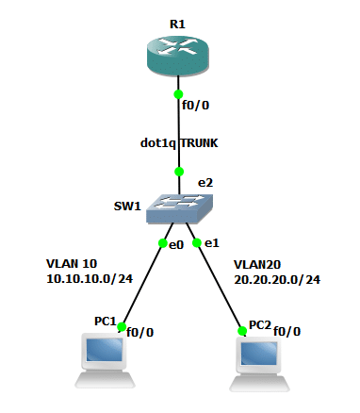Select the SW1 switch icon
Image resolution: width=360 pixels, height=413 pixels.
pyautogui.click(x=179, y=206)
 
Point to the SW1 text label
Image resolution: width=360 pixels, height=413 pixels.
pyautogui.click(x=126, y=205)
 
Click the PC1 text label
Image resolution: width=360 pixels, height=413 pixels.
pyautogui.click(x=104, y=322)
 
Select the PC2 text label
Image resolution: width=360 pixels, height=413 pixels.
pyautogui.click(x=259, y=325)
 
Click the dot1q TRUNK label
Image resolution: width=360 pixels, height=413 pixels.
pyautogui.click(x=177, y=143)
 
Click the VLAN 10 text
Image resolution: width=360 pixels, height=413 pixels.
pyautogui.click(x=72, y=263)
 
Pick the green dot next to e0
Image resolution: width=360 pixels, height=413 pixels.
pyautogui.click(x=162, y=244)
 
